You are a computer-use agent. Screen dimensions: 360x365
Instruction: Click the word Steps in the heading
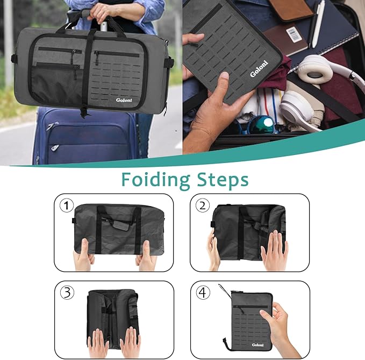(222, 180)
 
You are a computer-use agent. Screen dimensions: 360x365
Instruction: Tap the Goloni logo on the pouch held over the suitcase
(261, 71)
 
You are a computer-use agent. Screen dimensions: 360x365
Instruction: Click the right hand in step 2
(274, 250)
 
